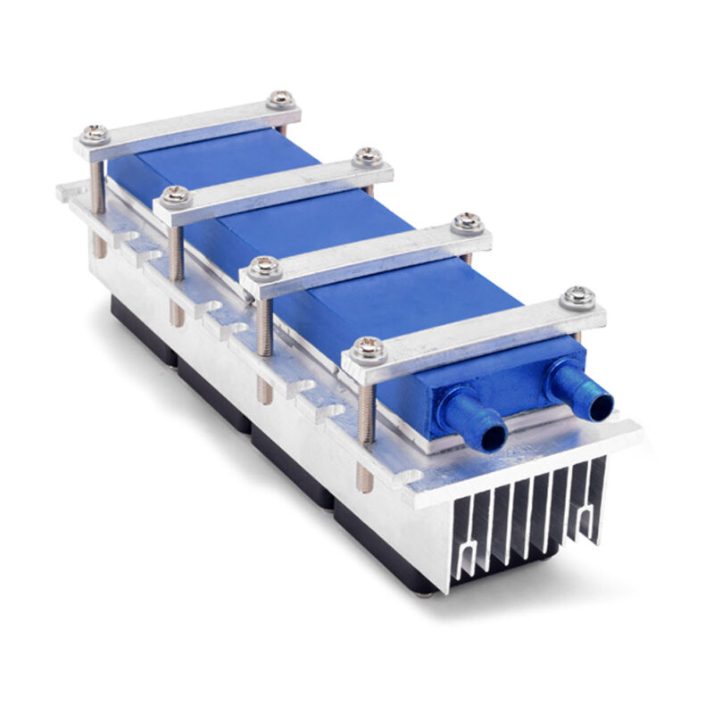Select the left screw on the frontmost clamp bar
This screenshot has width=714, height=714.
[365, 349]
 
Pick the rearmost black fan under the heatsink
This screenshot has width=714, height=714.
[138, 321]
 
